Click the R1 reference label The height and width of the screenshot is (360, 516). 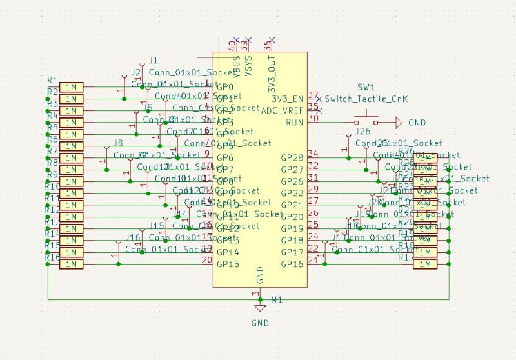pyautogui.click(x=52, y=79)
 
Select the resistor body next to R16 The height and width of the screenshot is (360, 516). pyautogui.click(x=71, y=264)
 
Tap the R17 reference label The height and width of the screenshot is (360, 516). pyautogui.click(x=406, y=257)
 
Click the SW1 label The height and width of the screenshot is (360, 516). pyautogui.click(x=366, y=87)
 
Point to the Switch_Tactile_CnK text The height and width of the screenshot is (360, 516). pyautogui.click(x=366, y=99)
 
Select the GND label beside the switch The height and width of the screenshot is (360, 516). pyautogui.click(x=417, y=122)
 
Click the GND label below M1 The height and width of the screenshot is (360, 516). pyautogui.click(x=260, y=323)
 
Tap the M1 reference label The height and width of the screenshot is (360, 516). pyautogui.click(x=277, y=300)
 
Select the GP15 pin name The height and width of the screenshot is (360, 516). pyautogui.click(x=228, y=264)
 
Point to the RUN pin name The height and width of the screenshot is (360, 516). pyautogui.click(x=294, y=123)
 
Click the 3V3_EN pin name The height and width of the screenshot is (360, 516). pyautogui.click(x=287, y=99)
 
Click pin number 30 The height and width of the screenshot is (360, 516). pyautogui.click(x=313, y=118)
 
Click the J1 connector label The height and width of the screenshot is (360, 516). pyautogui.click(x=153, y=60)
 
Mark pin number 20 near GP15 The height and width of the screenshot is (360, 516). pyautogui.click(x=206, y=260)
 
